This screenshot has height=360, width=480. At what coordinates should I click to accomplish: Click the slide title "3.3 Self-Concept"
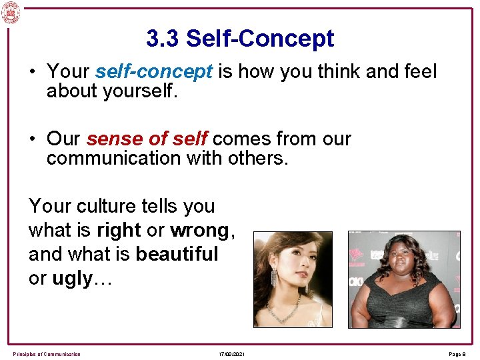coord(240,39)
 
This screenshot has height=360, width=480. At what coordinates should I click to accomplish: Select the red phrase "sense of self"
coord(147,139)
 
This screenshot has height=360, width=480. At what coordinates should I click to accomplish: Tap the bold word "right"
coord(119,230)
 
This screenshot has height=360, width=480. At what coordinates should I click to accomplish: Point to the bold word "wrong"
coord(199,230)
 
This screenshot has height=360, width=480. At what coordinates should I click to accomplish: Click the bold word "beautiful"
coord(177,254)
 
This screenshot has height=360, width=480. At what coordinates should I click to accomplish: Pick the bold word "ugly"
coord(71,279)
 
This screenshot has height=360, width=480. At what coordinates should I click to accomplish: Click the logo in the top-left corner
coord(11,12)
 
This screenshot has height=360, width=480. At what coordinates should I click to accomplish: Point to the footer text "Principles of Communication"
coord(47,354)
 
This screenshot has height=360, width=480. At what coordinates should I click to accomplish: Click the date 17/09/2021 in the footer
coord(232,354)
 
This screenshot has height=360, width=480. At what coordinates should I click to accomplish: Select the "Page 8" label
coord(459,354)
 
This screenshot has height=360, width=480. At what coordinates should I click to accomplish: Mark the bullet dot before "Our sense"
coord(33,139)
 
